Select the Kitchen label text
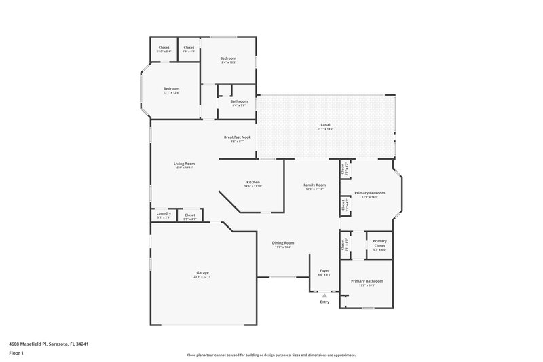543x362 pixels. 253,183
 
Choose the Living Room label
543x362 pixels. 184,164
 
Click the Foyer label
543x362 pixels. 324,272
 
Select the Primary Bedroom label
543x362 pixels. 369,193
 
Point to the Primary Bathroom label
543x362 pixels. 367,281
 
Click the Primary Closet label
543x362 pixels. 379,241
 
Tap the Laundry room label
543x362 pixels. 164,214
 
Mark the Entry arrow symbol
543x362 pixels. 324,295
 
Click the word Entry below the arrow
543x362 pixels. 324,302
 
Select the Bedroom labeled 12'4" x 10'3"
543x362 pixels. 228,58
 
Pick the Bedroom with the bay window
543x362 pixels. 171,89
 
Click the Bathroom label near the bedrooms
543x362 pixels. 239,101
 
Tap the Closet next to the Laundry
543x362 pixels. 190,215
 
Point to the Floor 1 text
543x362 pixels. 16,354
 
